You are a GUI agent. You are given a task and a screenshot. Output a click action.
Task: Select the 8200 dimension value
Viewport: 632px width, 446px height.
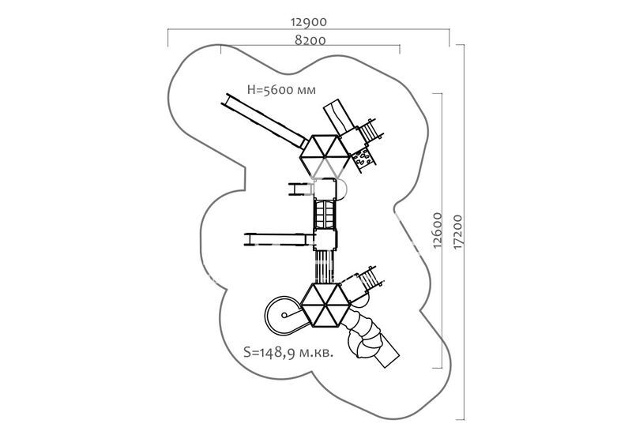click(x=310, y=40)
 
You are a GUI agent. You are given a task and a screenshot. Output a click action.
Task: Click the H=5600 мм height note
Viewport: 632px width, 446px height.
click(x=281, y=90)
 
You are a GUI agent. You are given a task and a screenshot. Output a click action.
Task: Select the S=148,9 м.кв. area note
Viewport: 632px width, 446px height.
click(x=289, y=352)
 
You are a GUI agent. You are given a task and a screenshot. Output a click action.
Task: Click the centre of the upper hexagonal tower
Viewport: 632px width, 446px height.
click(x=325, y=154)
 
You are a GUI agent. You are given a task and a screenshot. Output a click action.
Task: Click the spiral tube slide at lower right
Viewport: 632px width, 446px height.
click(x=371, y=335)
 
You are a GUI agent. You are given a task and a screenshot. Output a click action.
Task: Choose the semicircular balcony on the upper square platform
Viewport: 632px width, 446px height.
click(x=343, y=189)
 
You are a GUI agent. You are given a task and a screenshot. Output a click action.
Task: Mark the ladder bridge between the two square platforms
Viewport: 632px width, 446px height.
click(x=325, y=212)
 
